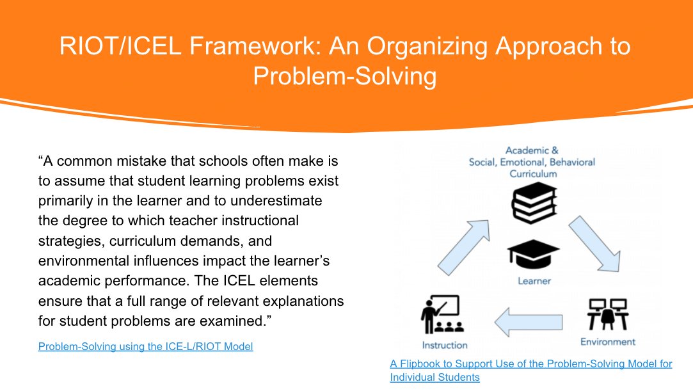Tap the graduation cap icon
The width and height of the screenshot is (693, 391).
point(533,255)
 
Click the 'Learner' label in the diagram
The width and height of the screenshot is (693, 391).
point(534,280)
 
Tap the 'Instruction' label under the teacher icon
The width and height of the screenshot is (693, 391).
point(445,345)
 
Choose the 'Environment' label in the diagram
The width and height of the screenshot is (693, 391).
point(607,341)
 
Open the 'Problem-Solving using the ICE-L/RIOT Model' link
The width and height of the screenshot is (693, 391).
point(145,347)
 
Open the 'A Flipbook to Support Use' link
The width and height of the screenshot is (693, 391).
point(530,364)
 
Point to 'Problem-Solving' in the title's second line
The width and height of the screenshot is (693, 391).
point(345,76)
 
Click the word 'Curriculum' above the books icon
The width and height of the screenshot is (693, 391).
point(533,173)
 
